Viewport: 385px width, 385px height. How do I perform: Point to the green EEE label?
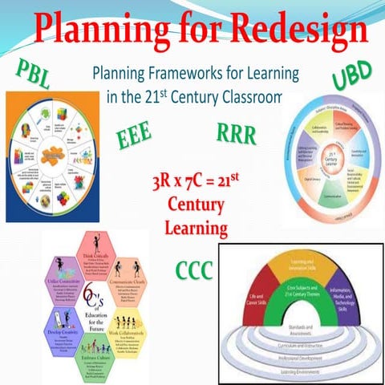point(135,137)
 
